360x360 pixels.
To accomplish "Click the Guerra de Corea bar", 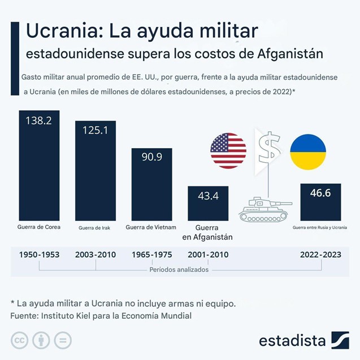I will coord(40,170).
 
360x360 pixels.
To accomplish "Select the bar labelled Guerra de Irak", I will coord(96,175).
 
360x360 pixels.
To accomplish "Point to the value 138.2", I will coord(39,120).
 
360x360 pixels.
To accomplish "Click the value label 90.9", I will coord(151,157).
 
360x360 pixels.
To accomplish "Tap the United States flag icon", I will coord(228,151).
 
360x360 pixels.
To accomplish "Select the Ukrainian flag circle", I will coord(308,151).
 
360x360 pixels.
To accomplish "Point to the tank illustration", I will coord(264,209).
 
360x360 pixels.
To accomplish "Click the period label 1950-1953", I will coord(39,254).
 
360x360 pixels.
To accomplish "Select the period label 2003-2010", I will coord(96,254).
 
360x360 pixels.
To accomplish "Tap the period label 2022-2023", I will coord(320,254).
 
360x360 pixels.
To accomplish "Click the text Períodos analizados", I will coord(179,270).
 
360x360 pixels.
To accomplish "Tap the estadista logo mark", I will coord(340,340).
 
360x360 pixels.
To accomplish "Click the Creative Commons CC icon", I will coord(20,340).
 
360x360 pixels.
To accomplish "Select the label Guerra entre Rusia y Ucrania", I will coord(320,227).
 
